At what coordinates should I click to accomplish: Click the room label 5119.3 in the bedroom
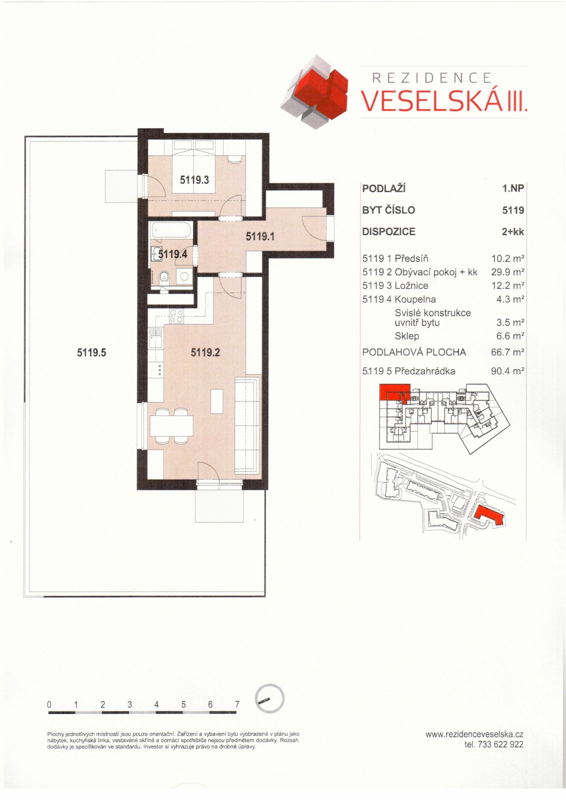194,179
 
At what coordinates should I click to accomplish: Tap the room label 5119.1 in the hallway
259,236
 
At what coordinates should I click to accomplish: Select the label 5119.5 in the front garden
91,352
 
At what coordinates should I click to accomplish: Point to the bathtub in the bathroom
171,231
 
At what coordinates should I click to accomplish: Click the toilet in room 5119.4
163,277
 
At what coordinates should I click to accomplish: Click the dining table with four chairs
171,426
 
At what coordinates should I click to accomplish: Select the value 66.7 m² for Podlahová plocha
507,352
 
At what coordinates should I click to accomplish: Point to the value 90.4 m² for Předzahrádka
507,371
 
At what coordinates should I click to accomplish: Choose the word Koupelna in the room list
415,299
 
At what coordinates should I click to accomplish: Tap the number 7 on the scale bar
237,704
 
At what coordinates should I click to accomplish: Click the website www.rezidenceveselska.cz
474,734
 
